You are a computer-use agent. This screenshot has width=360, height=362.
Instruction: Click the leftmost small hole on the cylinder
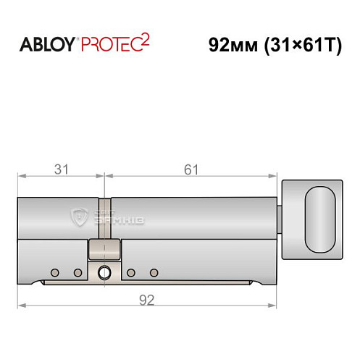coord(54,272)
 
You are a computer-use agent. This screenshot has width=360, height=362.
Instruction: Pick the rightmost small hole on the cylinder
coord(154,272)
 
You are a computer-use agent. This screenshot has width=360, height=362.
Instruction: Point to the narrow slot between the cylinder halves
coord(104,217)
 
